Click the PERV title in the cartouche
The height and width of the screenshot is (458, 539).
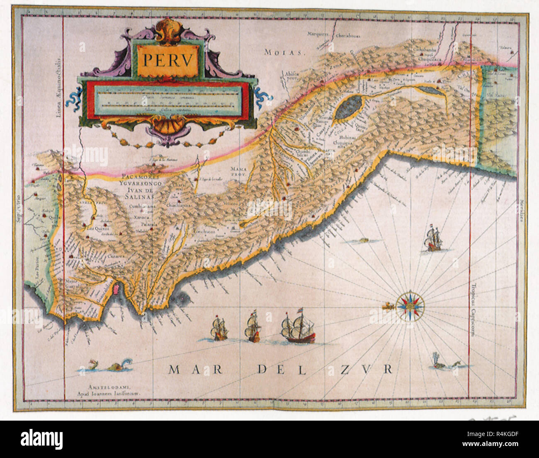[168, 61]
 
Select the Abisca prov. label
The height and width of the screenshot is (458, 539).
[292, 75]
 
